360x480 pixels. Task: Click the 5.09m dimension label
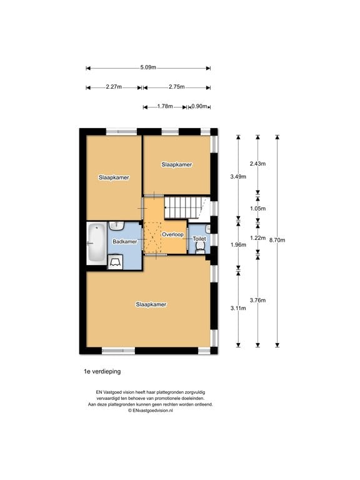[x=148, y=67]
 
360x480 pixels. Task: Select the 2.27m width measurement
[x=114, y=87]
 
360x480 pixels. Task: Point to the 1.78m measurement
[x=166, y=107]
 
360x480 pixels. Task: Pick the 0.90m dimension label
[x=200, y=107]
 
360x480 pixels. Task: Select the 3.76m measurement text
[x=257, y=301]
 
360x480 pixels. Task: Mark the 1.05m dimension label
[x=257, y=209]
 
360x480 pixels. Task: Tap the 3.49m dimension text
[x=238, y=177]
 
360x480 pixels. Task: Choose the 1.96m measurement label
[x=238, y=244]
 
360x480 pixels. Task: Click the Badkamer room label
[x=124, y=241]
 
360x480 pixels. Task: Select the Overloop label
[x=171, y=234]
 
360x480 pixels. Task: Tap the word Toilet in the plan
[x=199, y=239]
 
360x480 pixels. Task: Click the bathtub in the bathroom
[x=96, y=243]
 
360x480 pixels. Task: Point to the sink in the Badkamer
[x=117, y=227]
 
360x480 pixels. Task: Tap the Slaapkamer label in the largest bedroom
[x=151, y=304]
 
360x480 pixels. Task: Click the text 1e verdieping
[x=102, y=371]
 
